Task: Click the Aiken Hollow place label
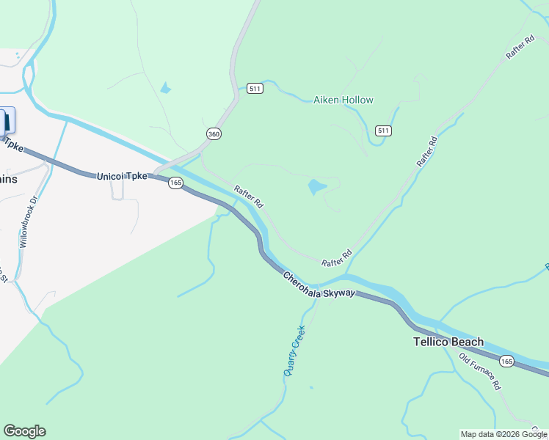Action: coord(343,100)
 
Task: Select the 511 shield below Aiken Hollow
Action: coord(383,131)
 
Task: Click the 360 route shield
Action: coord(214,133)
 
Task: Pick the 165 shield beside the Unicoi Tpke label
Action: coord(175,183)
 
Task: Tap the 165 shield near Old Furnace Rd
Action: coord(506,361)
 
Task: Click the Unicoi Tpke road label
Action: coord(121,177)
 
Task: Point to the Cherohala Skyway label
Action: coord(319,284)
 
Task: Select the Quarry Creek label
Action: coord(294,351)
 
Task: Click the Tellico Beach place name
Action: coord(448,342)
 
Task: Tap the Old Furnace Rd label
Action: coord(479,371)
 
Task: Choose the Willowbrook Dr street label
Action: coord(29,220)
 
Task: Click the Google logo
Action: coord(24,431)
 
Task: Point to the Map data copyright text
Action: coord(503,434)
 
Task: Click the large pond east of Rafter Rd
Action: coord(317,186)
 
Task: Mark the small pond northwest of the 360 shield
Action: coord(165,89)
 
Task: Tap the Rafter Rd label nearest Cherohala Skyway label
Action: coord(337,259)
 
